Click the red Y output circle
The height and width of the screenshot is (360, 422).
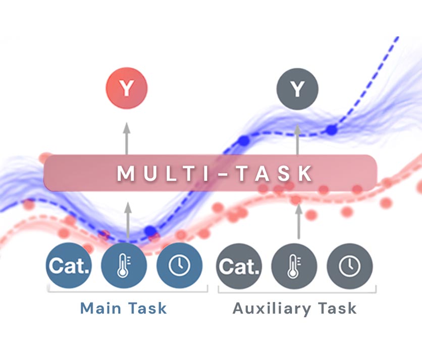pyautogui.click(x=126, y=89)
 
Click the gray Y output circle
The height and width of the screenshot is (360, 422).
pyautogui.click(x=297, y=89)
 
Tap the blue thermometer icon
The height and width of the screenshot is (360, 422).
pyautogui.click(x=124, y=266)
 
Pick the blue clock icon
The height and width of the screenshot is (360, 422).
pyautogui.click(x=179, y=266)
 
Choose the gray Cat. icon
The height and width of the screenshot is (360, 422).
pyautogui.click(x=239, y=266)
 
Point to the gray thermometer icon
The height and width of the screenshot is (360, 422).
pyautogui.click(x=294, y=266)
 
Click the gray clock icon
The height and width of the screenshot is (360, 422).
pyautogui.click(x=349, y=266)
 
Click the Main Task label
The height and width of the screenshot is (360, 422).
pyautogui.click(x=123, y=308)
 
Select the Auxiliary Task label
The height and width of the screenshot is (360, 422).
pyautogui.click(x=295, y=308)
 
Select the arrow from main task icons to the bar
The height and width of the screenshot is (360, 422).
pyautogui.click(x=128, y=220)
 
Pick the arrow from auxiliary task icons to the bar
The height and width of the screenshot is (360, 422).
pyautogui.click(x=298, y=220)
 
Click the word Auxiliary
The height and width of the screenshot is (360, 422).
pyautogui.click(x=268, y=308)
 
